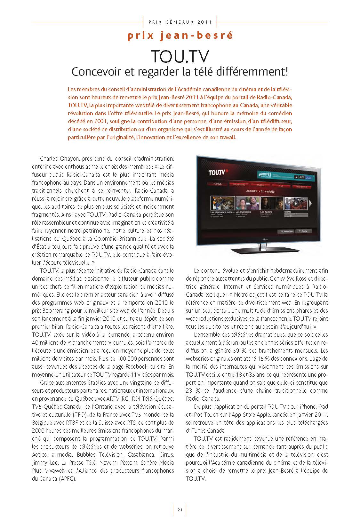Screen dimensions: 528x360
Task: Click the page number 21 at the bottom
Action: [x=180, y=510]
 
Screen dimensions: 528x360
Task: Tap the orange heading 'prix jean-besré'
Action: [x=180, y=36]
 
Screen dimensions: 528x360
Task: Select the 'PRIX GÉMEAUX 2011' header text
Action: [x=180, y=22]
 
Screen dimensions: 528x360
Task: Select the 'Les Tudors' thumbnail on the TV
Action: [x=270, y=203]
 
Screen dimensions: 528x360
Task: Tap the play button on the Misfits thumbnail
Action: [x=296, y=203]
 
